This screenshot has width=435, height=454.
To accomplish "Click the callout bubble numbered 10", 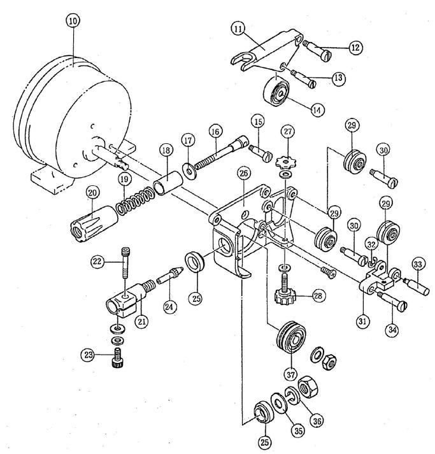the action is [73, 21].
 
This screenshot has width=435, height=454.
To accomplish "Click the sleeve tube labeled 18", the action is [168, 182].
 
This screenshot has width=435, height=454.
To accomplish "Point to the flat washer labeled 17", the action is [190, 171].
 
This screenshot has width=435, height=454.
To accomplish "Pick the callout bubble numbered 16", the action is [215, 132].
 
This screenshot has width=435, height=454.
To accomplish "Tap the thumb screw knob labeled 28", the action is [285, 291].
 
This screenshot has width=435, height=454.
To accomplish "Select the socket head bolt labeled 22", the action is [125, 262].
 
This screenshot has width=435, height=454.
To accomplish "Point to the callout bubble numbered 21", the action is [141, 321].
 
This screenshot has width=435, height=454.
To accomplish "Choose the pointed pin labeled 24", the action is [170, 276].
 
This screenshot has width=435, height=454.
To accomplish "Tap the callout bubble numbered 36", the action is [317, 420].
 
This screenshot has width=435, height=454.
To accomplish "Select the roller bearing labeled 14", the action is [276, 92].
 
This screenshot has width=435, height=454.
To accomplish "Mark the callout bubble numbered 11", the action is [238, 29].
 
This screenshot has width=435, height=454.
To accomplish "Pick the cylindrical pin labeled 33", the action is [417, 287].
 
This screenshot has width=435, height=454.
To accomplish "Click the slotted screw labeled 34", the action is [392, 300].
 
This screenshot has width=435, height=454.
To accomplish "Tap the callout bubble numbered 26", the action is [244, 173].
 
